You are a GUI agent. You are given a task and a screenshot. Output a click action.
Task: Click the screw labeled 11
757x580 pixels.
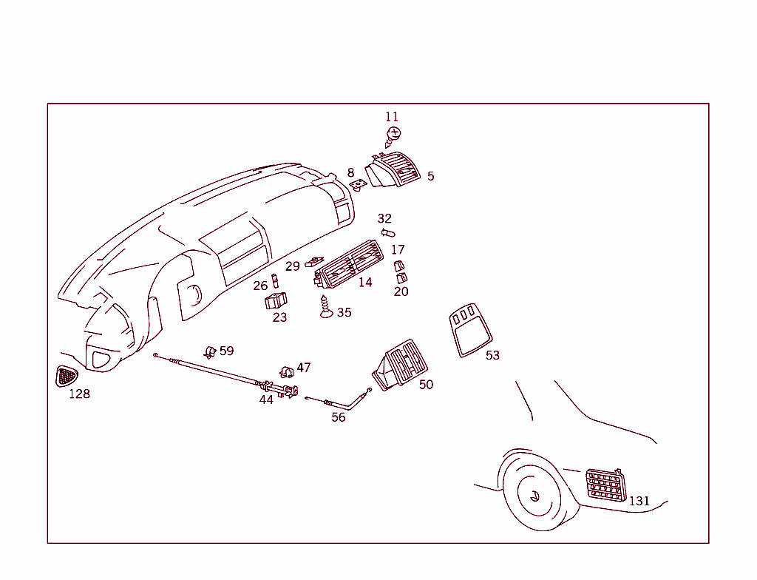[x=393, y=137]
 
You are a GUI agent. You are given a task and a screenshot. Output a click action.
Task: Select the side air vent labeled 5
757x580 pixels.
[x=393, y=169]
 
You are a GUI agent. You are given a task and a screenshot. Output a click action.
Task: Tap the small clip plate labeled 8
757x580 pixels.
[x=359, y=185]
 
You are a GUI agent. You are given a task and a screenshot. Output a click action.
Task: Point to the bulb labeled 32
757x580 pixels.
[x=388, y=234]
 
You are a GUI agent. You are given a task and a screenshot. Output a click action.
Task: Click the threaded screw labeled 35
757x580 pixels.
[x=326, y=308]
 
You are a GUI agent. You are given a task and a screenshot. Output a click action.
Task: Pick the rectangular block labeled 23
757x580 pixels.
[x=276, y=300]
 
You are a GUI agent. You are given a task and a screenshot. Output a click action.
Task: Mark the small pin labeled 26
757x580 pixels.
[x=275, y=281]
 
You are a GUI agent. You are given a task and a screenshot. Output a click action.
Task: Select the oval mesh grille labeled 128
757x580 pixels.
[x=67, y=376]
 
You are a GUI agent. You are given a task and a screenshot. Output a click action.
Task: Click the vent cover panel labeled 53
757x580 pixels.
[x=470, y=330]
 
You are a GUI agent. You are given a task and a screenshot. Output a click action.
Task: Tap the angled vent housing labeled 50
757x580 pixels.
[x=400, y=365]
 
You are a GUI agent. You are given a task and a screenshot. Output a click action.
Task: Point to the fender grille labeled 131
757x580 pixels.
[x=606, y=485]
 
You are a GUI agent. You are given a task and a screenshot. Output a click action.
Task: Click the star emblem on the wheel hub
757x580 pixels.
[x=534, y=496]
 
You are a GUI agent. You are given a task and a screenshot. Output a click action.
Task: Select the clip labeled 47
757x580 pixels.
[x=287, y=371]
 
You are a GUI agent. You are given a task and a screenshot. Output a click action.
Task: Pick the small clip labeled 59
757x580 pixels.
[x=210, y=352]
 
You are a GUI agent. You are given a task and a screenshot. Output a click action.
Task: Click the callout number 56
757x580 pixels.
[x=339, y=417]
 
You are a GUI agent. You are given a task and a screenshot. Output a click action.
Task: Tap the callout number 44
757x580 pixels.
[x=266, y=399]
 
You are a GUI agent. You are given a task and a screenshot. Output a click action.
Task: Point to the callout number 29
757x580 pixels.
[x=293, y=266]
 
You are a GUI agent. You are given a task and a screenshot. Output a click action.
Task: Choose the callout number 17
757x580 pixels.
[x=398, y=250]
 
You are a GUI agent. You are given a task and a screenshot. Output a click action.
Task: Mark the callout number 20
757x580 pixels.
[x=401, y=291]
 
